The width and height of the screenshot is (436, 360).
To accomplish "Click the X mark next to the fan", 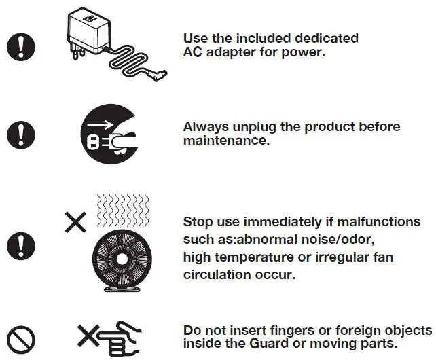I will [75, 222].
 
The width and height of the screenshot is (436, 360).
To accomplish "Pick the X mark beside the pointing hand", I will [86, 336].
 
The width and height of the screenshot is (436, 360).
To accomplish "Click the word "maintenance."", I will [227, 141].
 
